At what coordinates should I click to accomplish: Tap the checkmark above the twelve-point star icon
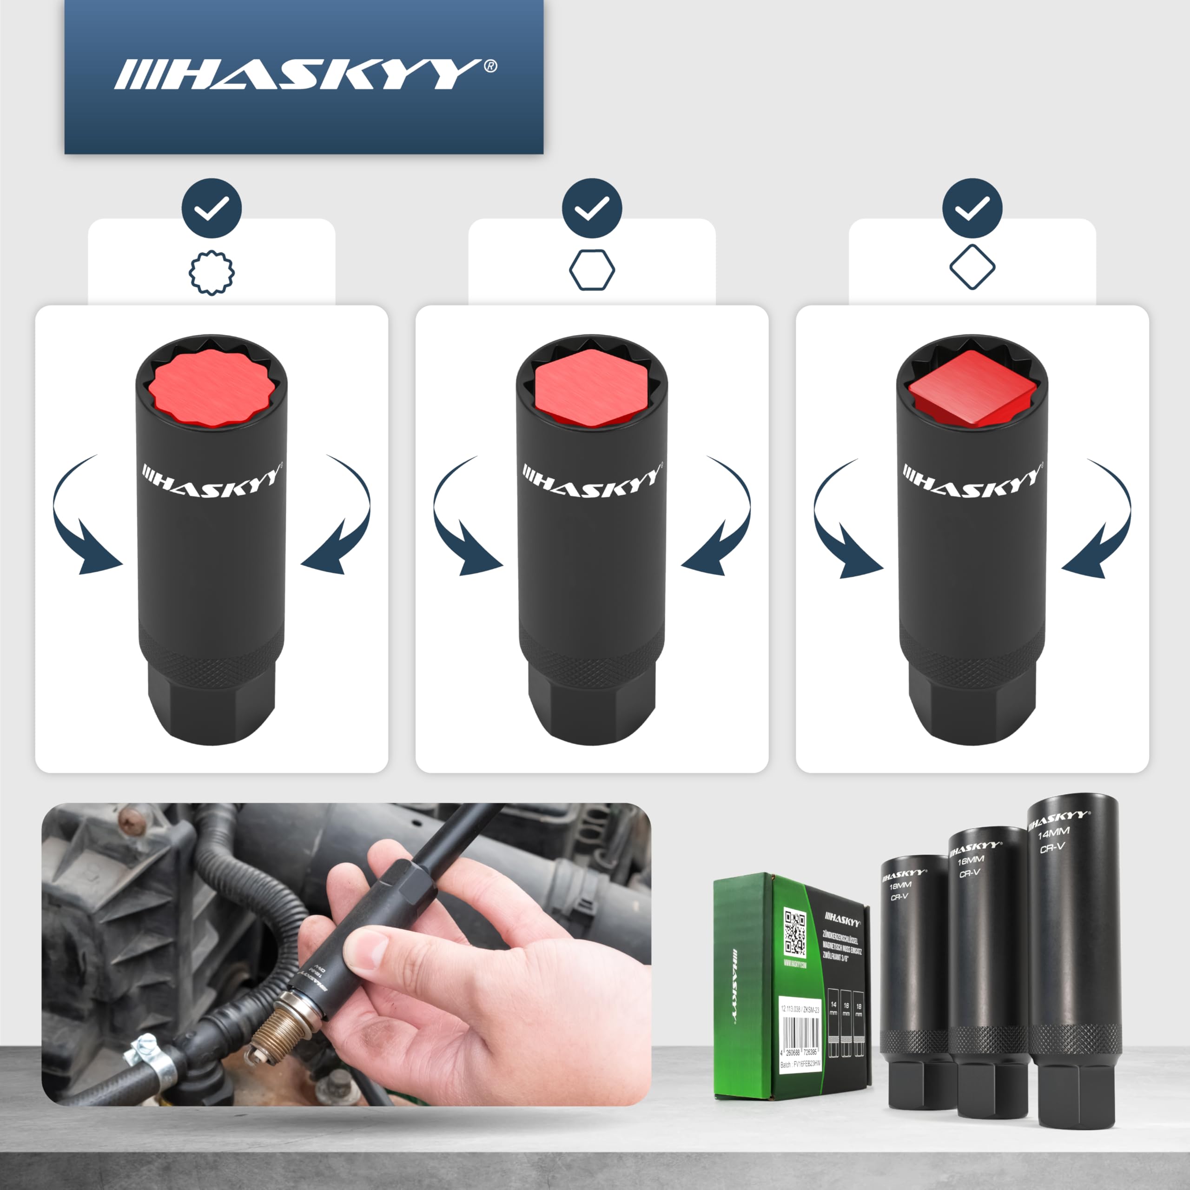(211, 208)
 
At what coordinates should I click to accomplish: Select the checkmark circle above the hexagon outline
(591, 208)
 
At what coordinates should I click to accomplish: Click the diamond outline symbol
(972, 267)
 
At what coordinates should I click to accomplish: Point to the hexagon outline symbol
(591, 270)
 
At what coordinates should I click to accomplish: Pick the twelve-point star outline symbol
(211, 272)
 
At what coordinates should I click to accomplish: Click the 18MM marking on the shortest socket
(900, 886)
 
